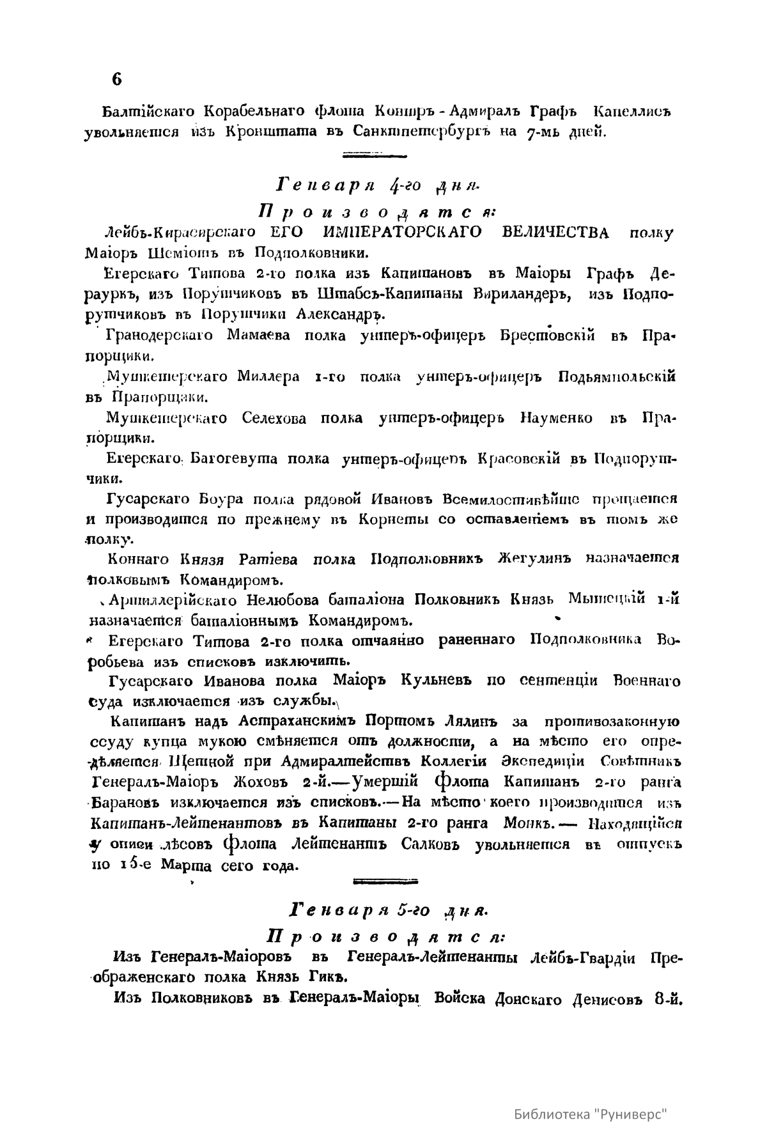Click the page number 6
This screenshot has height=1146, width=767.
116,79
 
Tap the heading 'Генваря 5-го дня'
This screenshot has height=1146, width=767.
389,908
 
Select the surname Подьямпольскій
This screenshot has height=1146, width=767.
617,376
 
